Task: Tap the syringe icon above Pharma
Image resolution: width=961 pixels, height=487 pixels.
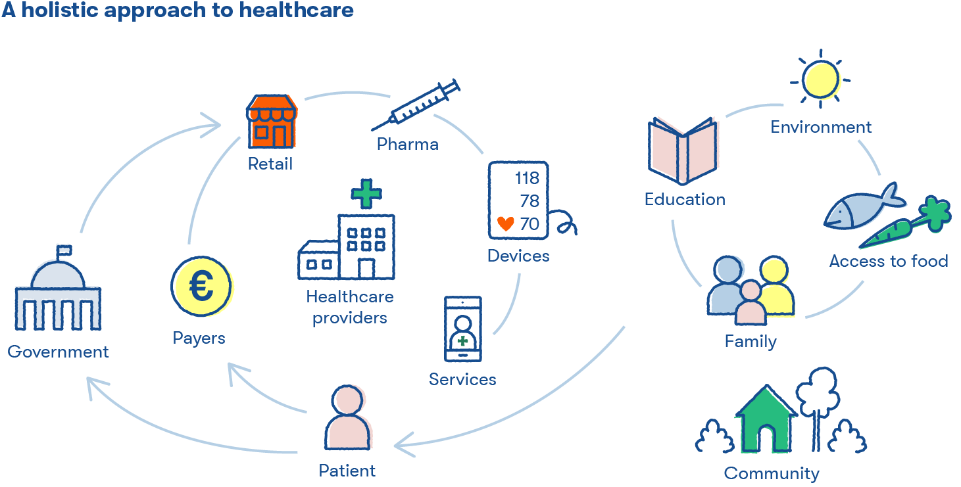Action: click(x=416, y=105)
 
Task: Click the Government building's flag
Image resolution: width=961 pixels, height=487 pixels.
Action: click(x=64, y=252)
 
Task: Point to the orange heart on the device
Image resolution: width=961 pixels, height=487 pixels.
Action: click(x=505, y=224)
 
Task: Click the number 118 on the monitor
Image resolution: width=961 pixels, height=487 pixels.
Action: click(x=527, y=179)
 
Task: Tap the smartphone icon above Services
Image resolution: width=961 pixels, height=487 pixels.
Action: click(x=463, y=329)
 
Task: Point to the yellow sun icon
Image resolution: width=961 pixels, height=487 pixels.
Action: click(x=820, y=79)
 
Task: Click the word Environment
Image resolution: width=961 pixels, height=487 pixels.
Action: click(x=821, y=127)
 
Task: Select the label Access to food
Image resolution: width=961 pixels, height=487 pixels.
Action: click(x=888, y=261)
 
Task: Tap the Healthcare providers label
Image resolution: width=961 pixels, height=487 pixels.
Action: click(x=349, y=307)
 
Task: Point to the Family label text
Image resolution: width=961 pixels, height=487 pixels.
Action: click(x=751, y=341)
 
